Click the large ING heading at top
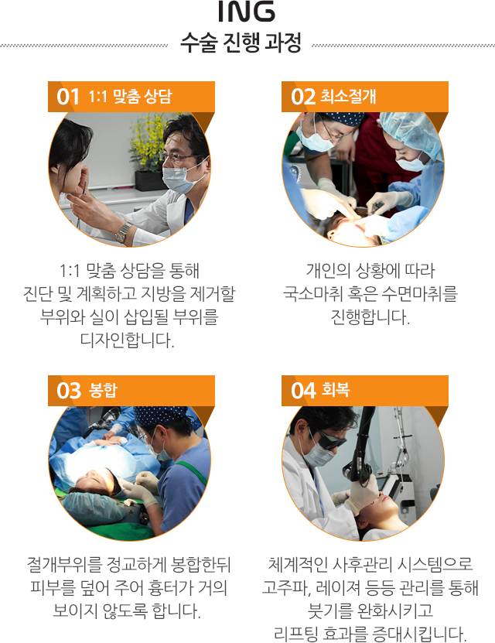(x=247, y=11)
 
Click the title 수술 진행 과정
(x=241, y=43)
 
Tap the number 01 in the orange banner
(x=67, y=97)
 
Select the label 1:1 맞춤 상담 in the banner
(x=130, y=97)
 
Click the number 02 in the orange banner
(x=303, y=97)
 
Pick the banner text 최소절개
(x=348, y=97)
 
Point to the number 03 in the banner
(x=69, y=391)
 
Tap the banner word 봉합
(x=103, y=390)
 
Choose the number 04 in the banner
(x=303, y=391)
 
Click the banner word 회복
(x=336, y=390)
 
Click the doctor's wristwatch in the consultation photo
(x=122, y=233)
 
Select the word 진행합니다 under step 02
(x=370, y=316)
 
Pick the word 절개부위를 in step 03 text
(x=64, y=565)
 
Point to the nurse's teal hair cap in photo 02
(x=411, y=132)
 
